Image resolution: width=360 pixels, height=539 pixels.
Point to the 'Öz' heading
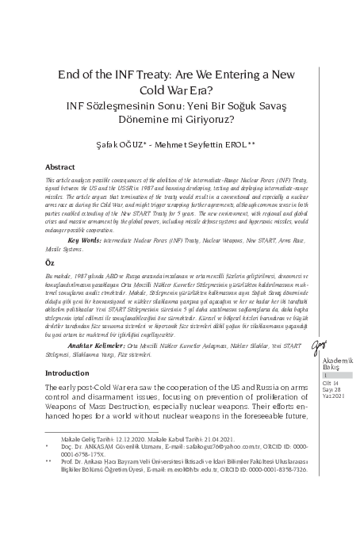[49, 261]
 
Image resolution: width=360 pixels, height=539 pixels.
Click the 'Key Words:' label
[86, 239]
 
